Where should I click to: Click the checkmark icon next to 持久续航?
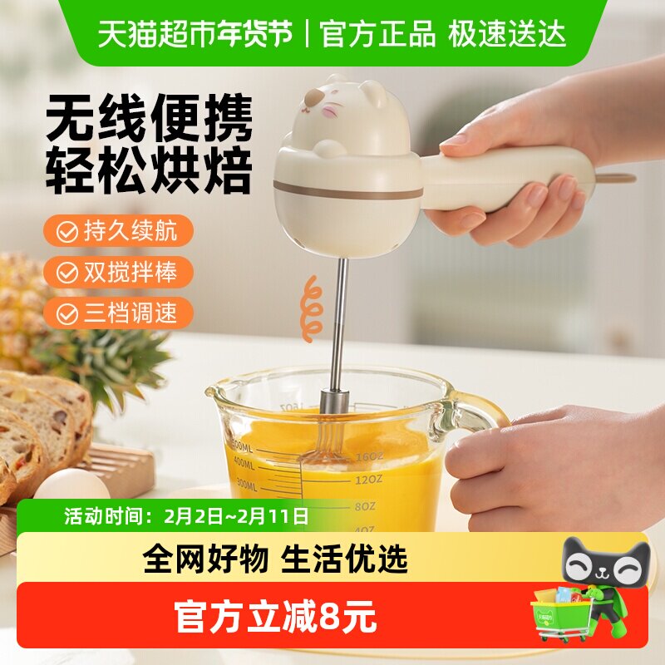click(x=66, y=232)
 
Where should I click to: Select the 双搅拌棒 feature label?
click(x=130, y=272)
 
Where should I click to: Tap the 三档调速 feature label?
click(x=130, y=313)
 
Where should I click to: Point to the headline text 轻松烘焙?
click(x=149, y=172)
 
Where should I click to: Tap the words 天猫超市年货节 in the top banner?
click(x=196, y=33)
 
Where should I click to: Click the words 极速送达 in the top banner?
click(x=507, y=33)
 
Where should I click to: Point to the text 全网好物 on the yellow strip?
click(x=205, y=559)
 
